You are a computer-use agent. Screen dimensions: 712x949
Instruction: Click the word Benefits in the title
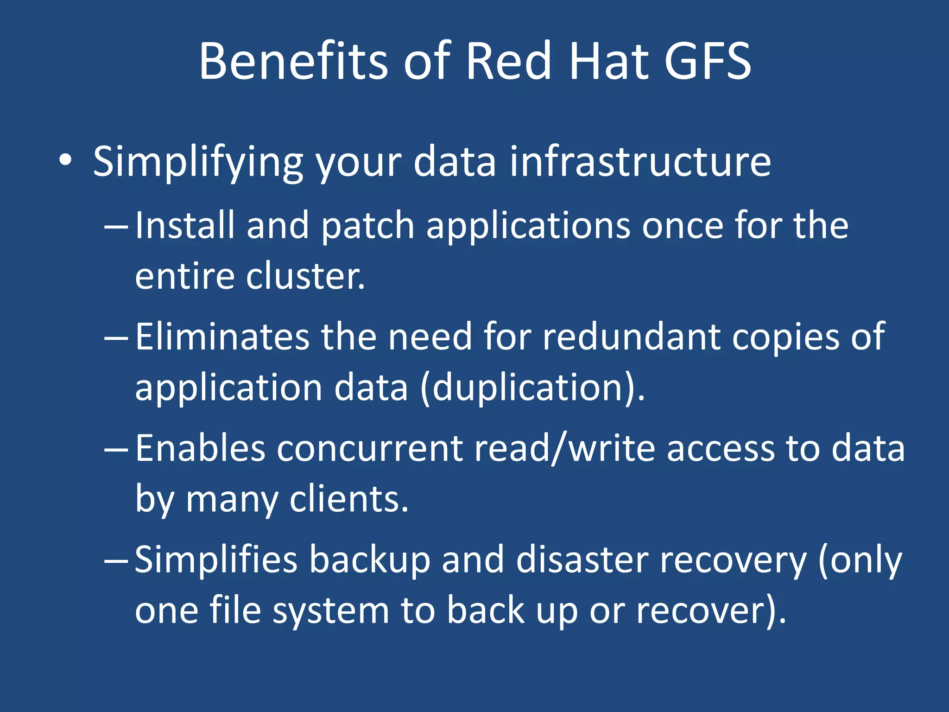tap(293, 61)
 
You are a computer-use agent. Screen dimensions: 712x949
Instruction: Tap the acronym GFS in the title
tap(707, 61)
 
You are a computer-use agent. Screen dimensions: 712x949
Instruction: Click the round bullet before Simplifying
tap(65, 160)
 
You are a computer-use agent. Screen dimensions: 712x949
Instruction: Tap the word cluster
tap(305, 276)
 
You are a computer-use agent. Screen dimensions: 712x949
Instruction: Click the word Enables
tap(200, 448)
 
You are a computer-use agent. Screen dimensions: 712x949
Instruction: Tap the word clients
tap(348, 499)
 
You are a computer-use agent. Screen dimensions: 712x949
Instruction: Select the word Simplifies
tap(216, 560)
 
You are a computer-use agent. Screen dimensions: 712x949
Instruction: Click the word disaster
tap(582, 560)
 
